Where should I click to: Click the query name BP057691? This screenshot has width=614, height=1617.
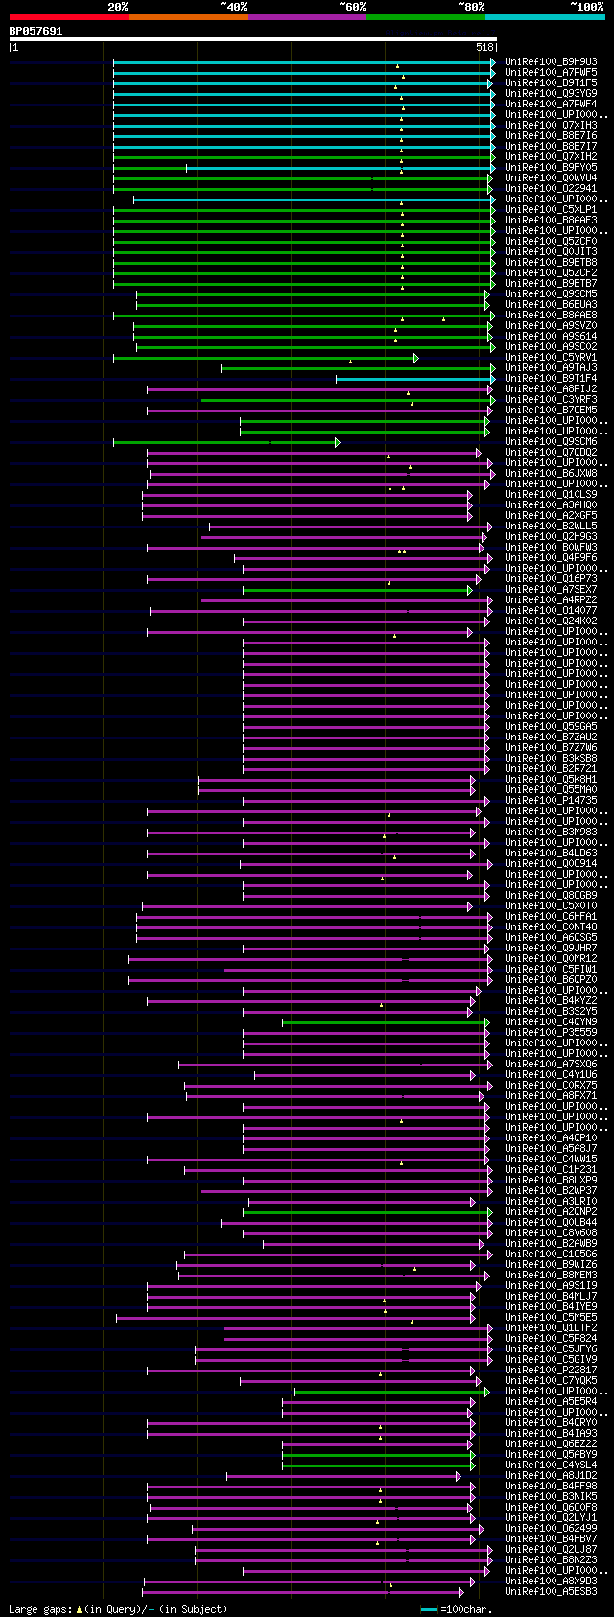coord(35,31)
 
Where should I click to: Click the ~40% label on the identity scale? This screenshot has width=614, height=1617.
coord(233,7)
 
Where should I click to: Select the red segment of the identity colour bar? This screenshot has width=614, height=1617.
coord(68,16)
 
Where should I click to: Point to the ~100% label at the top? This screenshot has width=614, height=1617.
coord(586,7)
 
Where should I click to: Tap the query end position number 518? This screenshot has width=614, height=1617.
coord(484,47)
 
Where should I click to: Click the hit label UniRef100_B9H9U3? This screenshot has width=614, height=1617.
coord(551,61)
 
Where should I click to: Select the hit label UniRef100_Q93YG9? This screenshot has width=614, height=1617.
coord(551,93)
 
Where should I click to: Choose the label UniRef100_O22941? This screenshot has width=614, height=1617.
coord(551,188)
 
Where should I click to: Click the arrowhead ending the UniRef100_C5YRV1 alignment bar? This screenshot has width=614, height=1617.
coord(415,358)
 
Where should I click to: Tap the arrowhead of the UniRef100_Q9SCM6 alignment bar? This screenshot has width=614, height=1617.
coord(337,442)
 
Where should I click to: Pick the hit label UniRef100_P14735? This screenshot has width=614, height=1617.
coord(551,801)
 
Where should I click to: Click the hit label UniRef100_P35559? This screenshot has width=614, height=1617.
coord(551,1033)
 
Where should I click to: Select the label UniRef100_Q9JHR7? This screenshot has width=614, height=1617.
coord(551,949)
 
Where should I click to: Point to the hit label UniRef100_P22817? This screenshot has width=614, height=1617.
coord(551,1371)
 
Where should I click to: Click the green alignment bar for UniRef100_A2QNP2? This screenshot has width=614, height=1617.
coord(365,1212)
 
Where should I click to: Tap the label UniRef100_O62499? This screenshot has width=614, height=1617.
coord(551,1529)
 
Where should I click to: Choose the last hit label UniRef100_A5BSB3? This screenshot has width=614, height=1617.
coord(551,1592)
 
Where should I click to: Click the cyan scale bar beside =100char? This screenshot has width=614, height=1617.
coord(429,1609)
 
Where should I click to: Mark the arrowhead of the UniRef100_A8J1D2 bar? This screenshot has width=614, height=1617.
coord(458,1476)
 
